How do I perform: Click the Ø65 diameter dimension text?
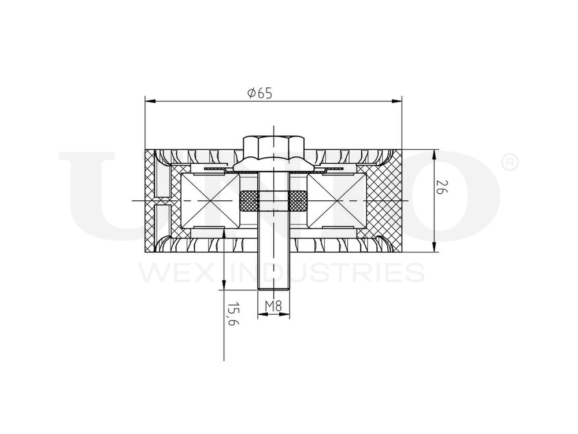[259, 93]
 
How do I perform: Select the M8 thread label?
[273, 306]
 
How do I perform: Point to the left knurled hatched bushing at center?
[248, 200]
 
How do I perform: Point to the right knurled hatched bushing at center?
[298, 200]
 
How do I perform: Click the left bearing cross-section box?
[210, 200]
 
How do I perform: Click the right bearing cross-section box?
[337, 200]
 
